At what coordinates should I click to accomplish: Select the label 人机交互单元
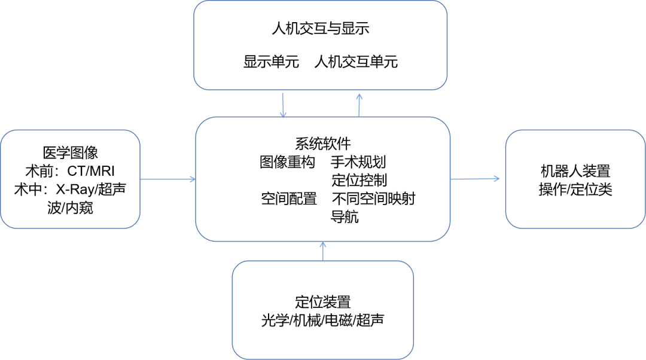[356, 62]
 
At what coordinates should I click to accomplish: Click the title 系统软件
[323, 144]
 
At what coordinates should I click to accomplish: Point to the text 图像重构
[287, 163]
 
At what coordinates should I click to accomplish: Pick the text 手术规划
[359, 163]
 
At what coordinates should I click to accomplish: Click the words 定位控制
[359, 181]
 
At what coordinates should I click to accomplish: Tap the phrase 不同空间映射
[373, 199]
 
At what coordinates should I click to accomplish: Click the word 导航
[345, 217]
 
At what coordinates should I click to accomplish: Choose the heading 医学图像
[71, 152]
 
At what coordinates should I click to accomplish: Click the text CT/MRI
[90, 171]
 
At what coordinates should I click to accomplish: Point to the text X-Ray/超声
[90, 190]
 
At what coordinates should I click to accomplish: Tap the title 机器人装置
[575, 171]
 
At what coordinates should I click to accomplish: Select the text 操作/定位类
[575, 190]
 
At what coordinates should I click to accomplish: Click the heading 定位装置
[323, 302]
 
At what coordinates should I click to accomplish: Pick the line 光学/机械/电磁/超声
[323, 321]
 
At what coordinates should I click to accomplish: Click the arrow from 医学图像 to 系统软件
[168, 179]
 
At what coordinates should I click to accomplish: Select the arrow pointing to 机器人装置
[476, 179]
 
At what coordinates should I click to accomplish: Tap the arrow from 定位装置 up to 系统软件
[323, 252]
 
